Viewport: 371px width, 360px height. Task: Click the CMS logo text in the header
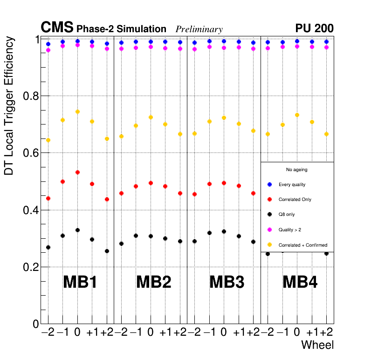57,28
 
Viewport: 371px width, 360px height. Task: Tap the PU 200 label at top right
314,28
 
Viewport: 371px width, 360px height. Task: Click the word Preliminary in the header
199,29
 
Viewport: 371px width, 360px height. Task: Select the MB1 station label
80,282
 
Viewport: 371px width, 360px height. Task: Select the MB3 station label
227,282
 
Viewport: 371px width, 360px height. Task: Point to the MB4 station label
300,282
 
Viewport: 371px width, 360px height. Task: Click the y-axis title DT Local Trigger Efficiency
9,106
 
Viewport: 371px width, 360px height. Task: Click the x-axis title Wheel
317,345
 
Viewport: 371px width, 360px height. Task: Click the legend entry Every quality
292,185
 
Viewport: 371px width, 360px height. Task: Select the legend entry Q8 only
286,215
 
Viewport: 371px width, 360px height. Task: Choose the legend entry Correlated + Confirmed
302,245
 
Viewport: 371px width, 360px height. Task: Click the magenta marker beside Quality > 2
269,229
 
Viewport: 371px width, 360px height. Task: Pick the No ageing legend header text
296,170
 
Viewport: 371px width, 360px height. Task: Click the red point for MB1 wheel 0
77,173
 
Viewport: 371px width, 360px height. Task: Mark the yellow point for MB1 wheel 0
77,112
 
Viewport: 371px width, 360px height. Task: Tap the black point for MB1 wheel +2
107,251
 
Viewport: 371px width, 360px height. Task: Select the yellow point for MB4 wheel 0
297,115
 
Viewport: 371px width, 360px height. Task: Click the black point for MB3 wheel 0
224,231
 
